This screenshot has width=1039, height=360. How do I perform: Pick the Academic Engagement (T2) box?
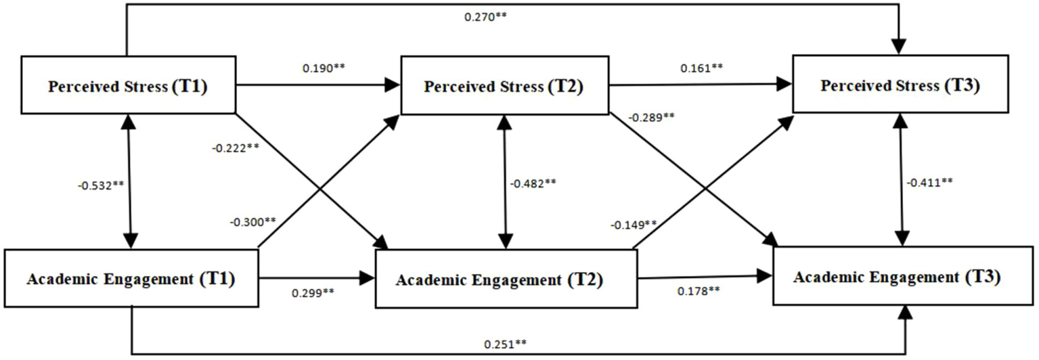click(x=506, y=279)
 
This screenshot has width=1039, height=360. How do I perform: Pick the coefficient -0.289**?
click(x=650, y=117)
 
